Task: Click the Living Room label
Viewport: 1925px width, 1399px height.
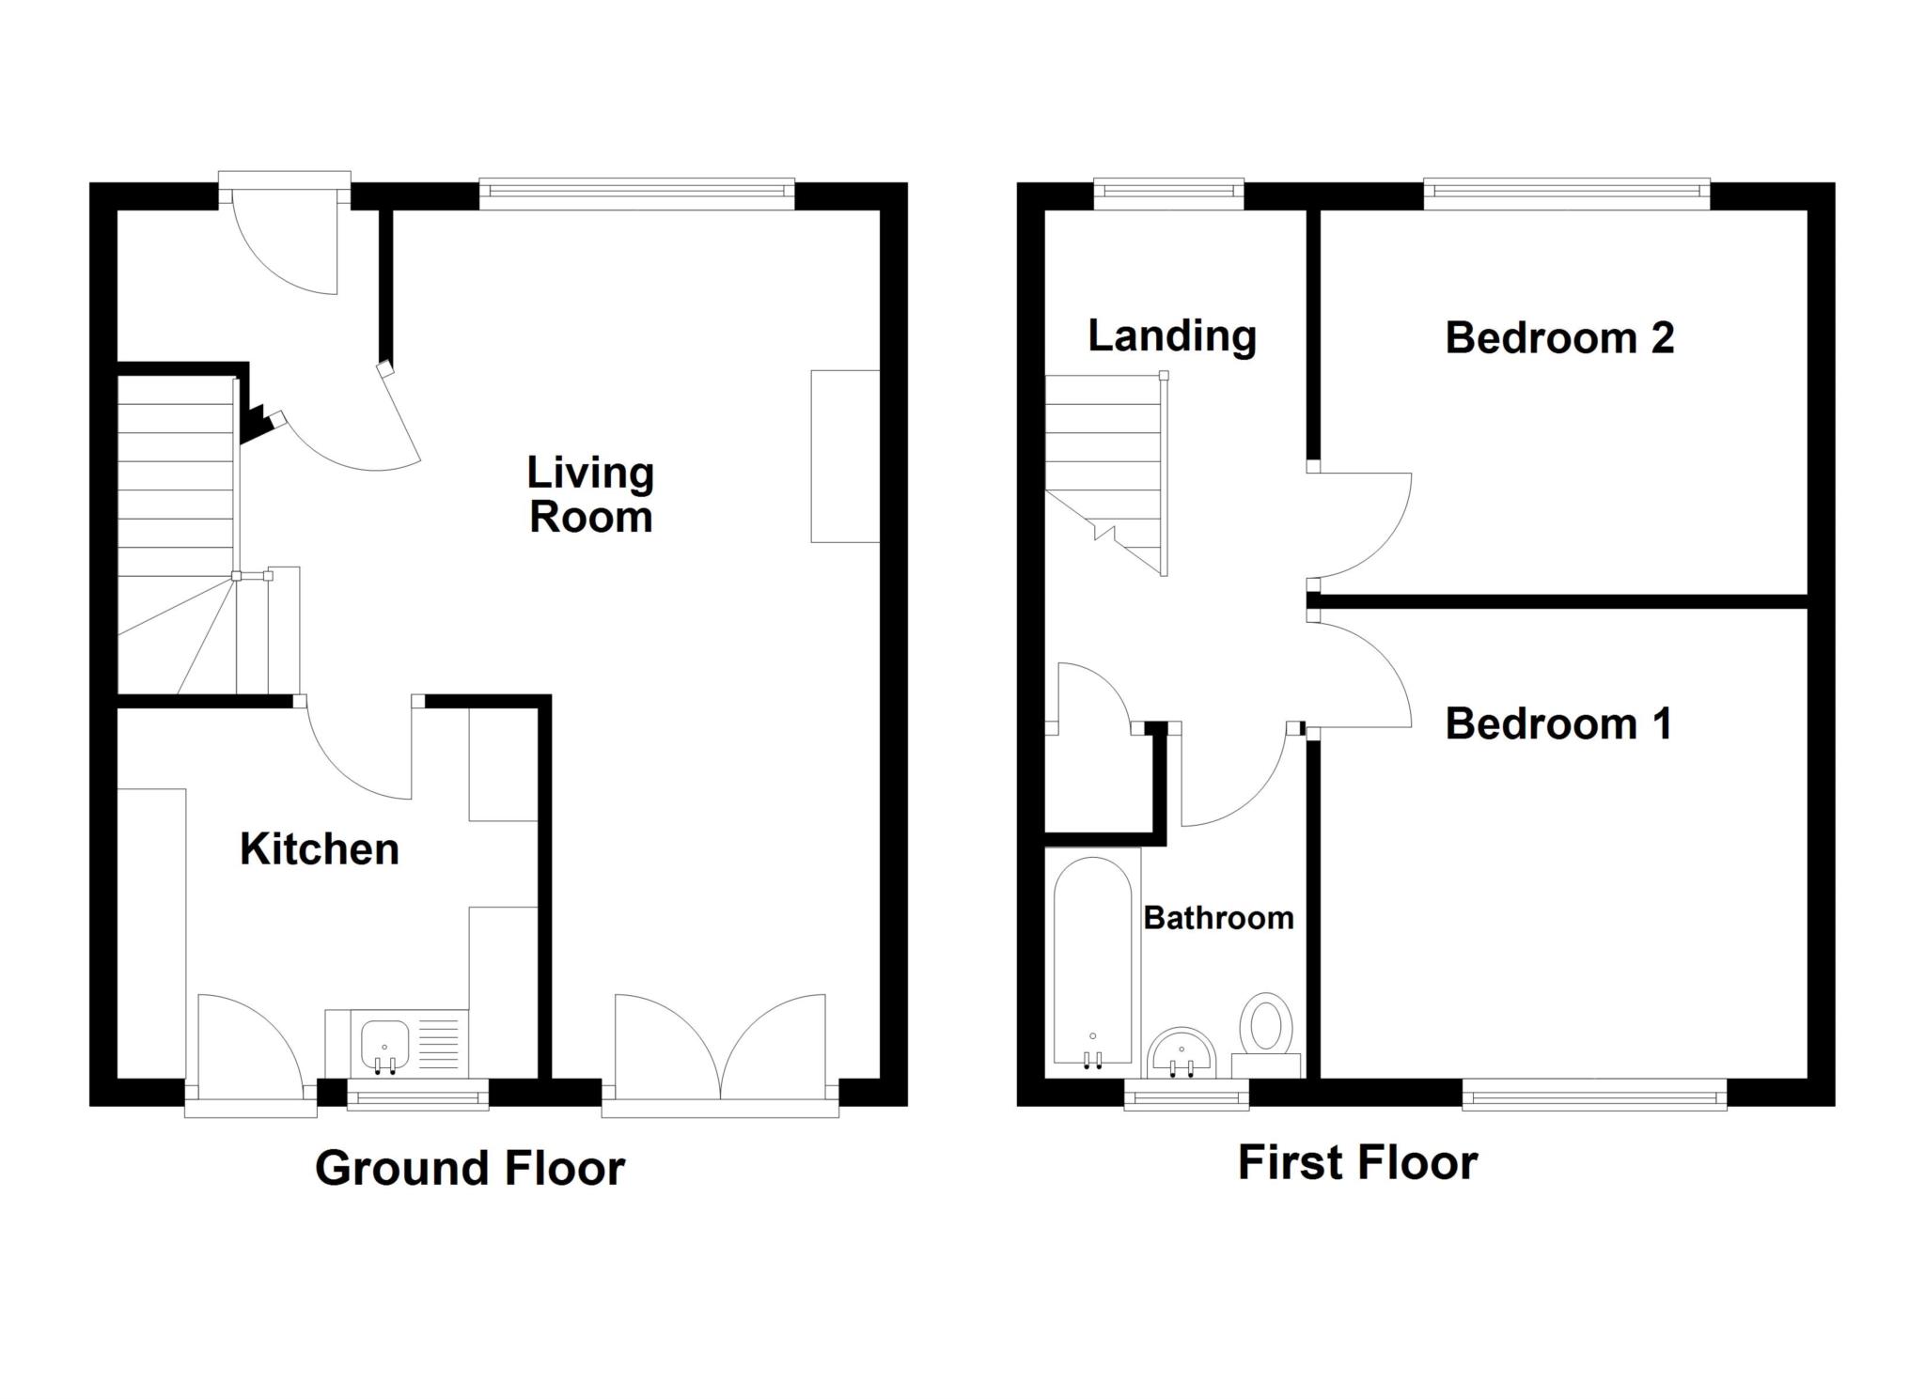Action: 589,495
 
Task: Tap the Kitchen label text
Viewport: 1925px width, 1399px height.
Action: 320,849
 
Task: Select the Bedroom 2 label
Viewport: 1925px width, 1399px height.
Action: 1558,338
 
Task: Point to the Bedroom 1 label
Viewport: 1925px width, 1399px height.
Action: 1558,724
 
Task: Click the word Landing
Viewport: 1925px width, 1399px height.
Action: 1171,336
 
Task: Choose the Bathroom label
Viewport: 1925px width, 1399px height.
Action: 1218,918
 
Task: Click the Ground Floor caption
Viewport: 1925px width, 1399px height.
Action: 469,1168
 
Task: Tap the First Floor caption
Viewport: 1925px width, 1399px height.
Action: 1356,1162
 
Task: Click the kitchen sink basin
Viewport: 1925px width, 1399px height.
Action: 383,1042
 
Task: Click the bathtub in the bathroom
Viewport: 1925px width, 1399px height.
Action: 1092,963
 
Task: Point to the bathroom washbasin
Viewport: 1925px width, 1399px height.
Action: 1182,1054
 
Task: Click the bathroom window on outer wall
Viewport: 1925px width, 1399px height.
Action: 1187,1094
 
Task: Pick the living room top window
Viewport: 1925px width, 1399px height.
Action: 636,194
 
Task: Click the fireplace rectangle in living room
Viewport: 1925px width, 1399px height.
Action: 845,456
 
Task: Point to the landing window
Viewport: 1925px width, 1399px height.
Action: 1168,193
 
